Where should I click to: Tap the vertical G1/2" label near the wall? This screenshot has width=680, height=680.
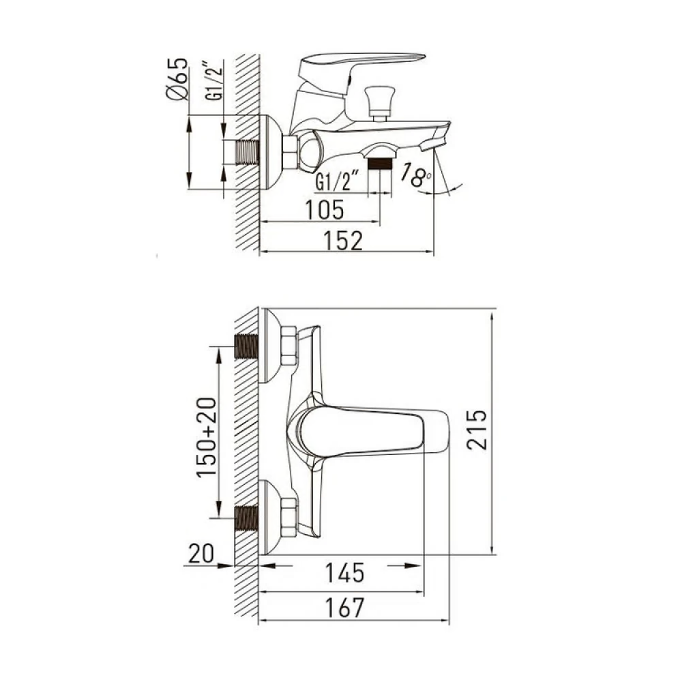pyautogui.click(x=214, y=83)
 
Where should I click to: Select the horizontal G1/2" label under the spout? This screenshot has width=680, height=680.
pyautogui.click(x=337, y=181)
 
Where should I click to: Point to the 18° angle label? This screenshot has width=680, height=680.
pyautogui.click(x=415, y=175)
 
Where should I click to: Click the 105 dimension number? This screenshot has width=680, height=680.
pyautogui.click(x=325, y=210)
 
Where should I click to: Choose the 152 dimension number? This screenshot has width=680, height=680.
pyautogui.click(x=342, y=241)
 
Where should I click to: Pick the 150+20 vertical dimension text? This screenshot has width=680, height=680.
pyautogui.click(x=207, y=437)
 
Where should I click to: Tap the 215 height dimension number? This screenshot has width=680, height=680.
pyautogui.click(x=477, y=429)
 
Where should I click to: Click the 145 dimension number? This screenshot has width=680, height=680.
pyautogui.click(x=345, y=573)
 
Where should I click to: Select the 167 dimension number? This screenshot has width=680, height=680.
pyautogui.click(x=344, y=608)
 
